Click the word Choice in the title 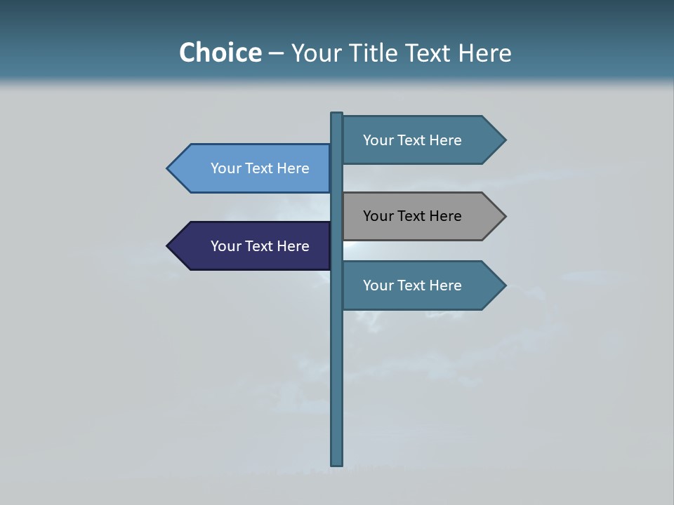coord(220,53)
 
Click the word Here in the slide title coord(484,53)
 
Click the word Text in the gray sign coord(411,216)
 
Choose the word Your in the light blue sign coord(225,168)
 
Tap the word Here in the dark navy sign coord(293,246)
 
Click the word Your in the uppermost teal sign coord(377,140)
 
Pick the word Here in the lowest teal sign coord(445,285)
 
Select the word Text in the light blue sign coord(259,168)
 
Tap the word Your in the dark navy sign coord(225,246)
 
